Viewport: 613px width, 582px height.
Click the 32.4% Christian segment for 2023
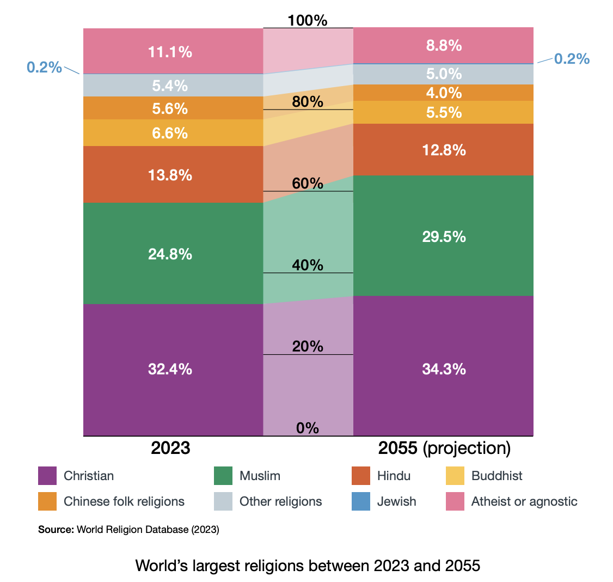(x=170, y=369)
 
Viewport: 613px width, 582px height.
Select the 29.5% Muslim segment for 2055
(x=444, y=237)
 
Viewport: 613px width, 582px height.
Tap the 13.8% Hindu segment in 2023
(x=170, y=175)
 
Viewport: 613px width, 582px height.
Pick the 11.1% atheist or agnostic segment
(x=170, y=52)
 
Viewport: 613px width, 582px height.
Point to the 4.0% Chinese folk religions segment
(x=444, y=93)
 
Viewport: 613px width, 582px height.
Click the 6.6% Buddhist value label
(x=170, y=133)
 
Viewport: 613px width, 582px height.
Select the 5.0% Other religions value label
(x=444, y=74)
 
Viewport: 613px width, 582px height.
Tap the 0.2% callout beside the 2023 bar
(x=45, y=67)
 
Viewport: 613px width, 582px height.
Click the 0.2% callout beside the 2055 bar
(x=572, y=59)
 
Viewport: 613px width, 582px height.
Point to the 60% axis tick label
(x=308, y=184)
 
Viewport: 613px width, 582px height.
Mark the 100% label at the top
(x=308, y=21)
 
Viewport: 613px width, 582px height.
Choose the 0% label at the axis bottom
(x=308, y=428)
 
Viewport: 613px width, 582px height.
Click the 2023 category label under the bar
(x=170, y=448)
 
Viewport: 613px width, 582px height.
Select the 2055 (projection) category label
(x=444, y=448)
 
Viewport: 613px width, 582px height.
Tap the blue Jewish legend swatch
(x=361, y=501)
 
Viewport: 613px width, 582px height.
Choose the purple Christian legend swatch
(x=47, y=476)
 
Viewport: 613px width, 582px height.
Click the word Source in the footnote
(x=55, y=530)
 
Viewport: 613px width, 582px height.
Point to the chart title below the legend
(x=308, y=565)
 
